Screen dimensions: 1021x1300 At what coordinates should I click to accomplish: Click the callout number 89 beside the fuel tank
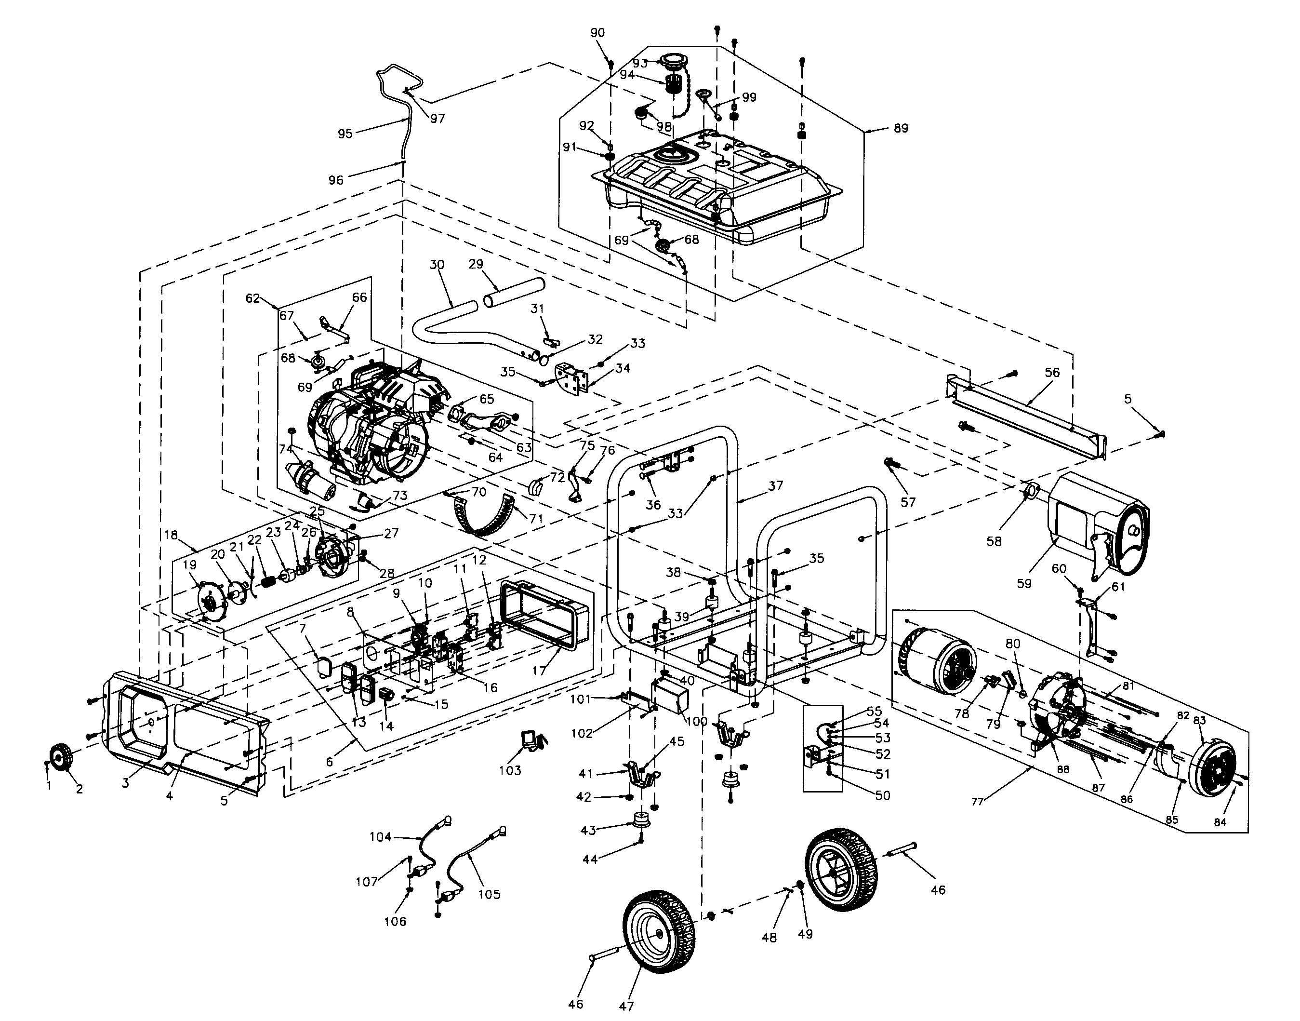pos(901,128)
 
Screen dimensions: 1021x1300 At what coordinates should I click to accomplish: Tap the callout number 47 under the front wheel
pos(625,1006)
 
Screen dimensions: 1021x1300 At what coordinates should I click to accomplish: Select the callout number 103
pos(510,770)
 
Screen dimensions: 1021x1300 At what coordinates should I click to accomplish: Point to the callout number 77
pos(977,802)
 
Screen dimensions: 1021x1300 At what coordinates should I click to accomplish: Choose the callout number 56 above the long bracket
pos(1052,373)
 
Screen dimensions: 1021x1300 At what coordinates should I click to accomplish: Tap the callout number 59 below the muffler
pos(1024,583)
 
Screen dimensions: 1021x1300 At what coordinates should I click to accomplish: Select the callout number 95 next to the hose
pos(345,134)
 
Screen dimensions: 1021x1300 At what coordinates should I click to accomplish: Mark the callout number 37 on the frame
pos(775,486)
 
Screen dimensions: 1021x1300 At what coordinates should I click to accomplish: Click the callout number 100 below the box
pos(696,722)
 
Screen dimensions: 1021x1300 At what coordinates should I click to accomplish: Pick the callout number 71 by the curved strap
pos(536,518)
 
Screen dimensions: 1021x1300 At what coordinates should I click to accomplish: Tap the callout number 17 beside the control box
pos(539,671)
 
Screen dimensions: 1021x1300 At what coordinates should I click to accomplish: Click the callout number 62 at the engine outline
pos(252,298)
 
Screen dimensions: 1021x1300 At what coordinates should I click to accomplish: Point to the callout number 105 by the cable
pos(489,894)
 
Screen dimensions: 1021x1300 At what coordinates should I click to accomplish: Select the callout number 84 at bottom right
pos(1220,822)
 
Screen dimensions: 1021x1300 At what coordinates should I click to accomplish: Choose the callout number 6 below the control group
pos(329,763)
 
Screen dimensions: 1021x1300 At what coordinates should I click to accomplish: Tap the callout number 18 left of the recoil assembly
pos(172,535)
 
